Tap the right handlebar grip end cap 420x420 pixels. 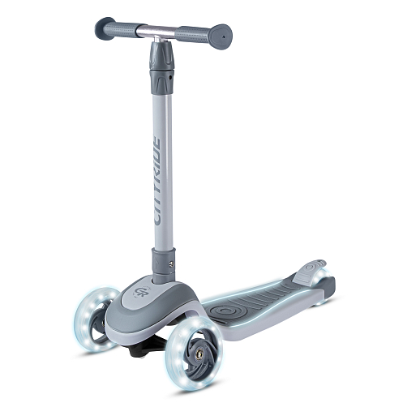(x=221, y=36)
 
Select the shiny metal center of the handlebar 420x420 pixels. (x=156, y=31)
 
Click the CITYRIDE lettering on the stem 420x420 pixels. (x=157, y=182)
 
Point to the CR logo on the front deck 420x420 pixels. (x=139, y=291)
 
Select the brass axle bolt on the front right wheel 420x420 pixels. (x=200, y=353)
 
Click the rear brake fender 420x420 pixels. (x=311, y=271)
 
